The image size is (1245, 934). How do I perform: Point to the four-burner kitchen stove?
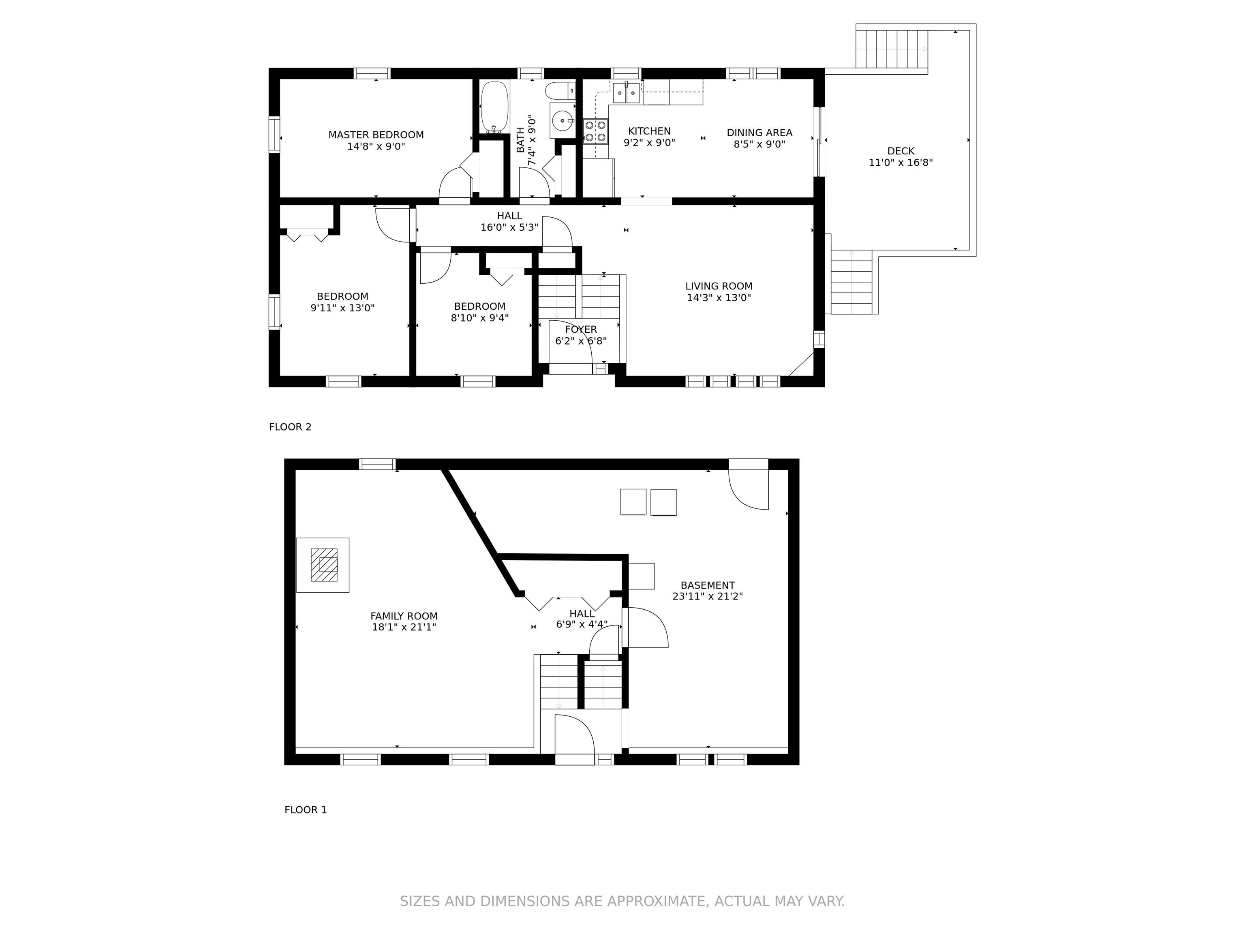[595, 131]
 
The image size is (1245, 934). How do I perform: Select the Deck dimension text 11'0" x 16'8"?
[901, 163]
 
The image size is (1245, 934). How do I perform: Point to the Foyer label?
[581, 329]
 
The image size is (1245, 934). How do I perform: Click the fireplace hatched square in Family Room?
[324, 565]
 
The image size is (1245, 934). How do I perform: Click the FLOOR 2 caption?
[290, 427]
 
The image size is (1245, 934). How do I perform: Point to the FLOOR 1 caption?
[306, 810]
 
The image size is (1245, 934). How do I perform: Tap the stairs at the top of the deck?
[892, 49]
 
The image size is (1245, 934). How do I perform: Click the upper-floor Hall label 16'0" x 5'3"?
[509, 222]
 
